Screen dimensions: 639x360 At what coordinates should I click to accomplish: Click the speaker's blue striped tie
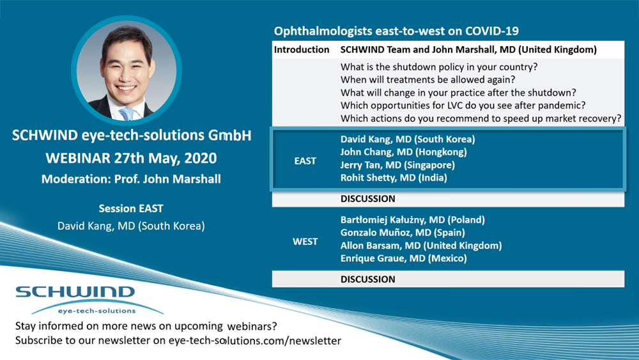[128, 113]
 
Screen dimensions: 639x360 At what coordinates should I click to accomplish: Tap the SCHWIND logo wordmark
[75, 292]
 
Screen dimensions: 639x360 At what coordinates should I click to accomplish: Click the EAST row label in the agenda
[305, 161]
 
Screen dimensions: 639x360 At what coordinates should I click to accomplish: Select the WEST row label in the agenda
[305, 242]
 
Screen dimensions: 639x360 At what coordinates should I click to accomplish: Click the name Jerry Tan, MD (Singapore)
[397, 165]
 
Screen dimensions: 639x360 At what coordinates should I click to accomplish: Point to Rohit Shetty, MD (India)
[394, 178]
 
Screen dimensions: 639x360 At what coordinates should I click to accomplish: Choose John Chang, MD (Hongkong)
[404, 152]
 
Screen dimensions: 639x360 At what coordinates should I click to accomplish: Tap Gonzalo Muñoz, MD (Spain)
[403, 232]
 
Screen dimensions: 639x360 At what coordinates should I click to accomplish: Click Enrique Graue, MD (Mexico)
[404, 258]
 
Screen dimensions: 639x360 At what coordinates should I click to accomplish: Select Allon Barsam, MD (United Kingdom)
[421, 246]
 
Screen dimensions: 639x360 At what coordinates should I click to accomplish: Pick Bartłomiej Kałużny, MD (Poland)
[413, 220]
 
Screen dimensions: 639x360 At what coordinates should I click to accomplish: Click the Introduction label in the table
[302, 50]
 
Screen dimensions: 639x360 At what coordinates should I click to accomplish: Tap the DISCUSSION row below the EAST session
[368, 199]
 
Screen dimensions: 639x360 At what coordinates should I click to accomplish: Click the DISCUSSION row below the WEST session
[368, 279]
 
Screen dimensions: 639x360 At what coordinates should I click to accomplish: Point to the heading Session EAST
[131, 208]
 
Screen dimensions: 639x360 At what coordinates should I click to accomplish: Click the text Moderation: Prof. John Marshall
[131, 179]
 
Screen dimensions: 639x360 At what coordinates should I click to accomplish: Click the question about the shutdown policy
[440, 67]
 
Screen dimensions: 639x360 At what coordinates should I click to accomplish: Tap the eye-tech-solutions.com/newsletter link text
[255, 340]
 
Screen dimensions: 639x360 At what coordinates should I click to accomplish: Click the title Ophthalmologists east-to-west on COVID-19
[396, 31]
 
